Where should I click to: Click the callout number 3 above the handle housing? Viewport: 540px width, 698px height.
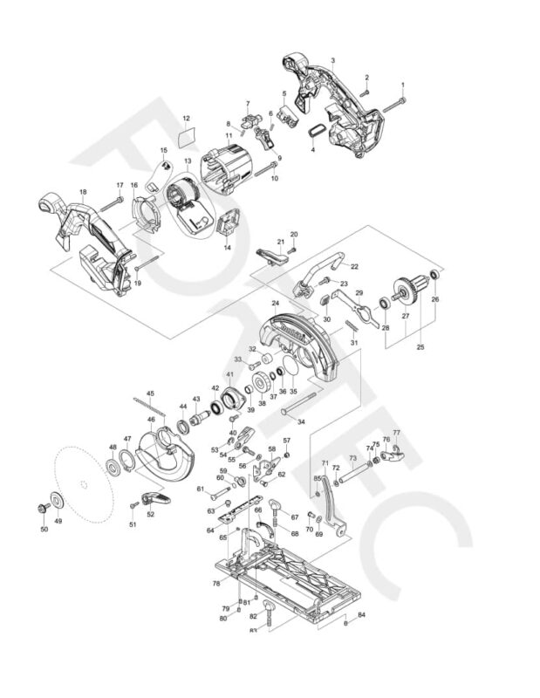coord(333,60)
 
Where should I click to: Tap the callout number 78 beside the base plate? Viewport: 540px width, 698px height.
coord(215,584)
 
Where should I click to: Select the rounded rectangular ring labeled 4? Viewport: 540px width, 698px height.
coord(316,128)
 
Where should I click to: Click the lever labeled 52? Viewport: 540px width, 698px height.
coord(156,499)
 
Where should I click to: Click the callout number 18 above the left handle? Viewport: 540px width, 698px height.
coord(83,191)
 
